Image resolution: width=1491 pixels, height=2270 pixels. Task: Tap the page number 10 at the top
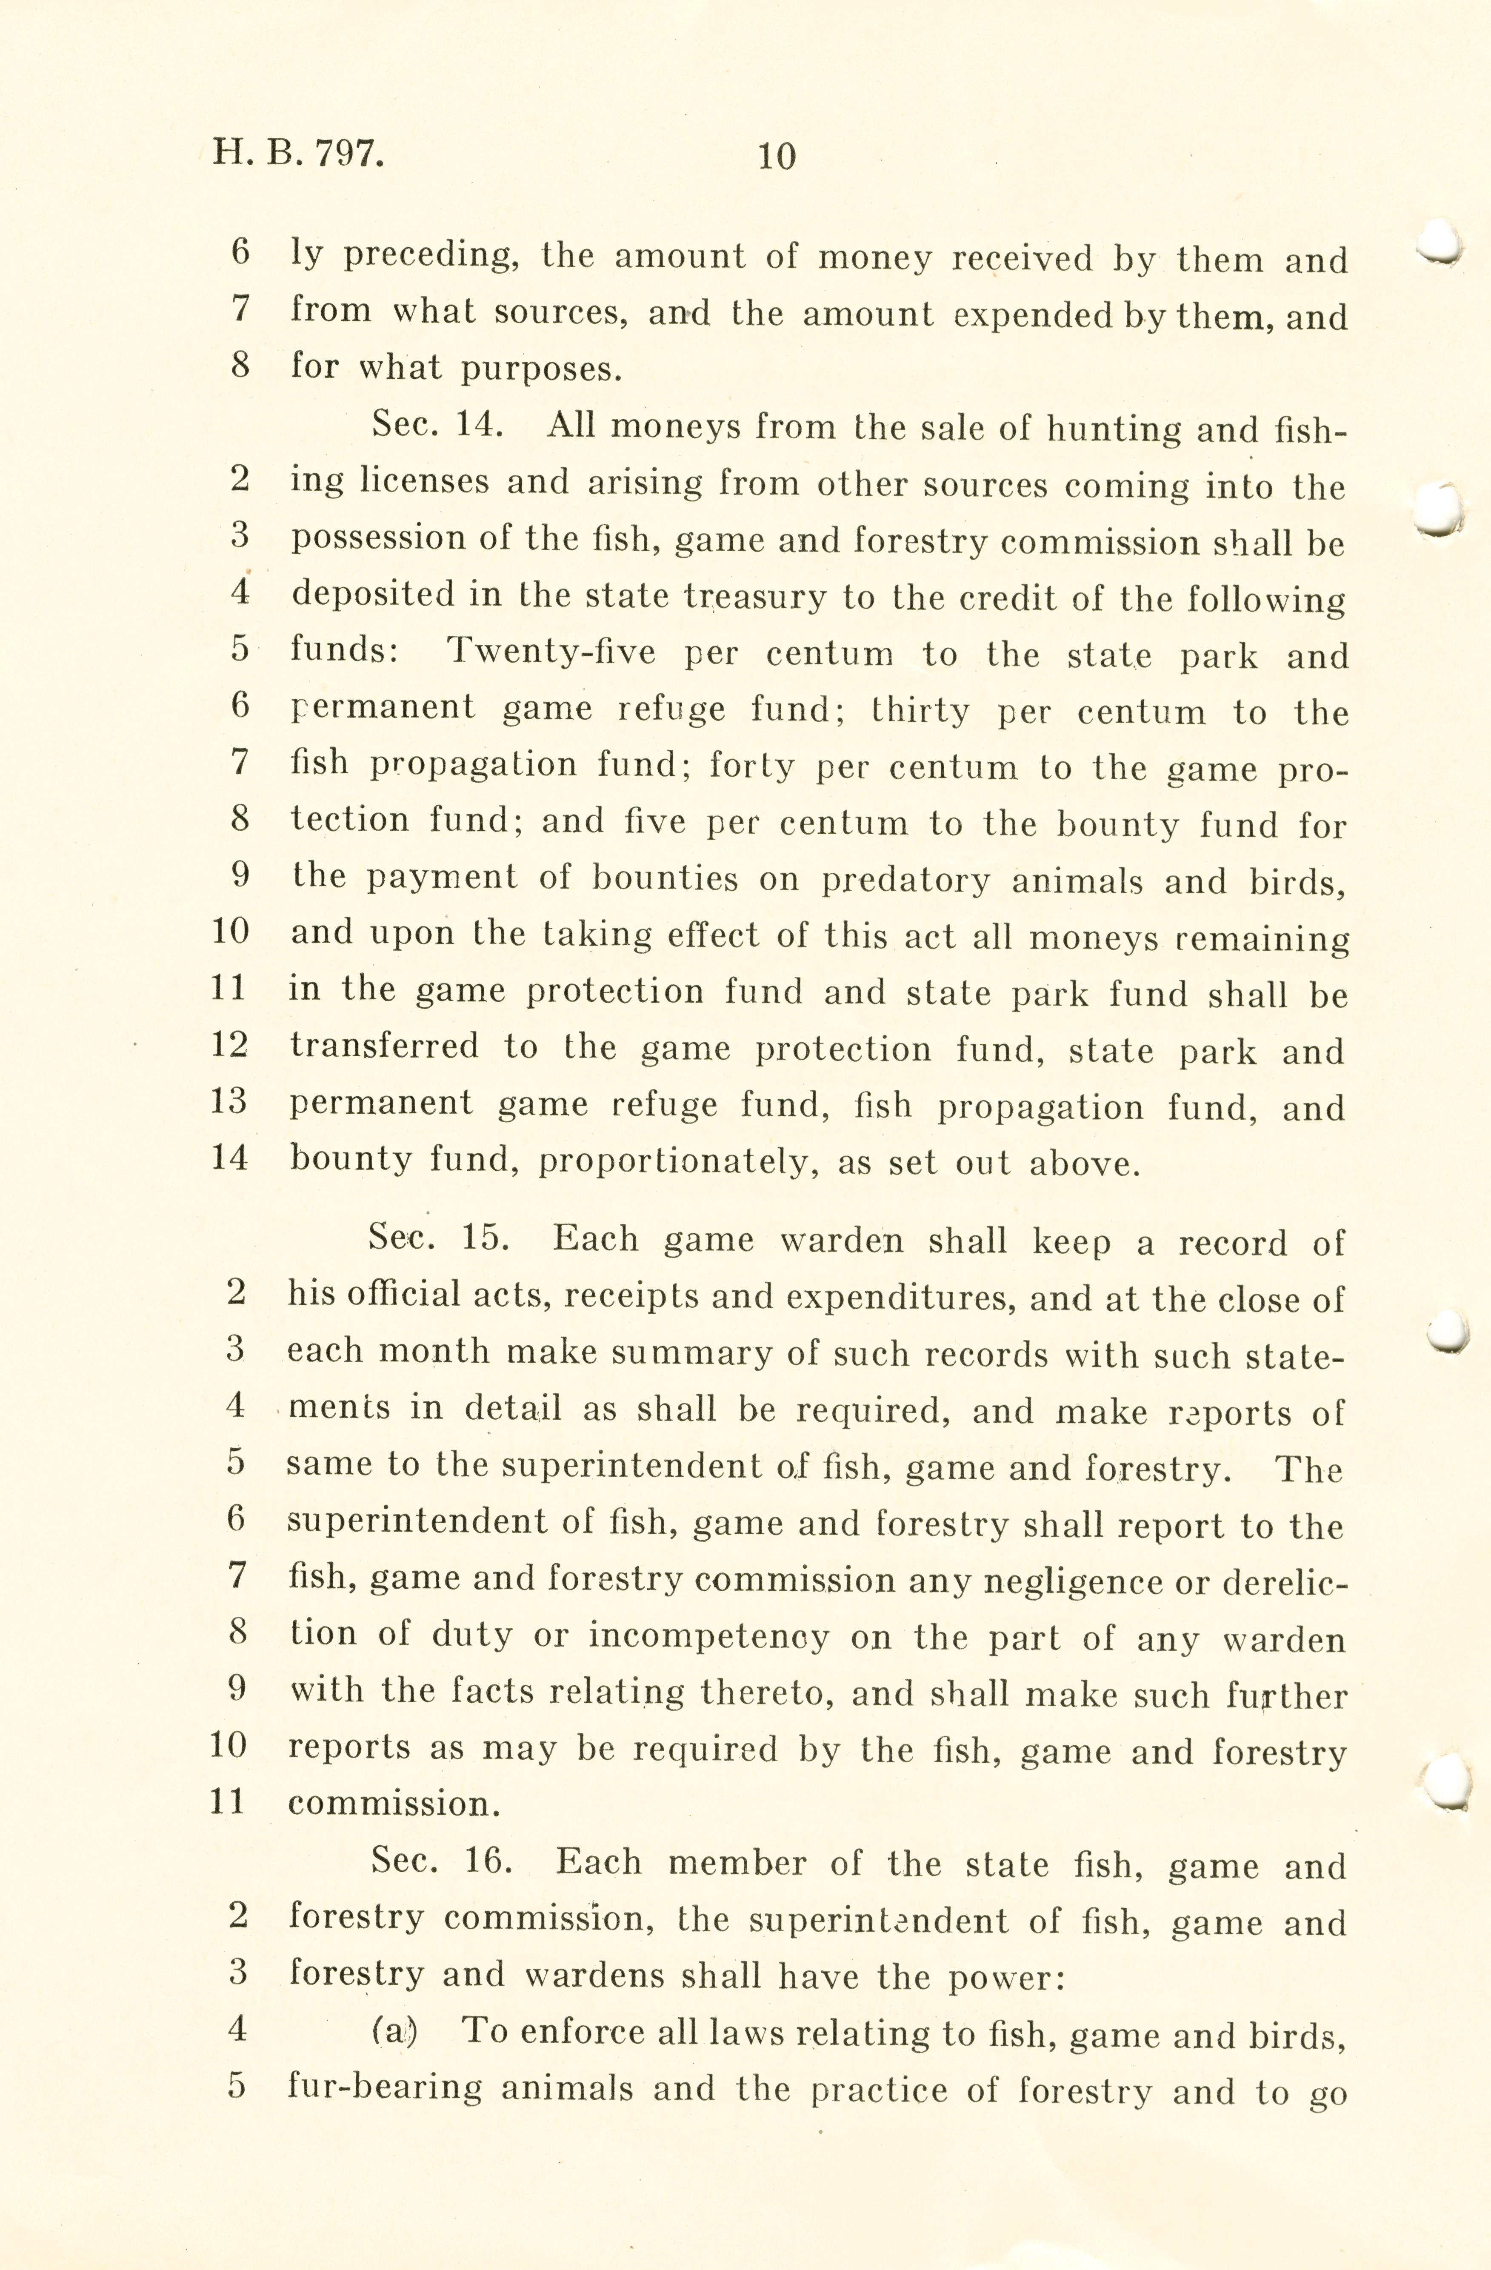(x=776, y=155)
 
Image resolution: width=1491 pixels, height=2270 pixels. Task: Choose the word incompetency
(x=708, y=1637)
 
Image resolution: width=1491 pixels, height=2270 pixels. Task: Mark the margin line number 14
(x=229, y=1158)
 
